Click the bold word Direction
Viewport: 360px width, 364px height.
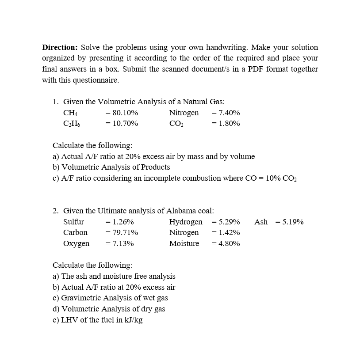pyautogui.click(x=60, y=47)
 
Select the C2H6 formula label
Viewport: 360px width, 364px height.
pyautogui.click(x=72, y=124)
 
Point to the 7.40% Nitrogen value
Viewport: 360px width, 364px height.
pyautogui.click(x=229, y=113)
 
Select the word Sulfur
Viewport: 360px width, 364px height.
pyautogui.click(x=74, y=222)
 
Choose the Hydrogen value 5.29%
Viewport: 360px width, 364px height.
pyautogui.click(x=229, y=222)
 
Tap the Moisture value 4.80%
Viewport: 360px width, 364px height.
pyautogui.click(x=229, y=243)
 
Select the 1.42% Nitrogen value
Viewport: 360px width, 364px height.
pyautogui.click(x=229, y=232)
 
